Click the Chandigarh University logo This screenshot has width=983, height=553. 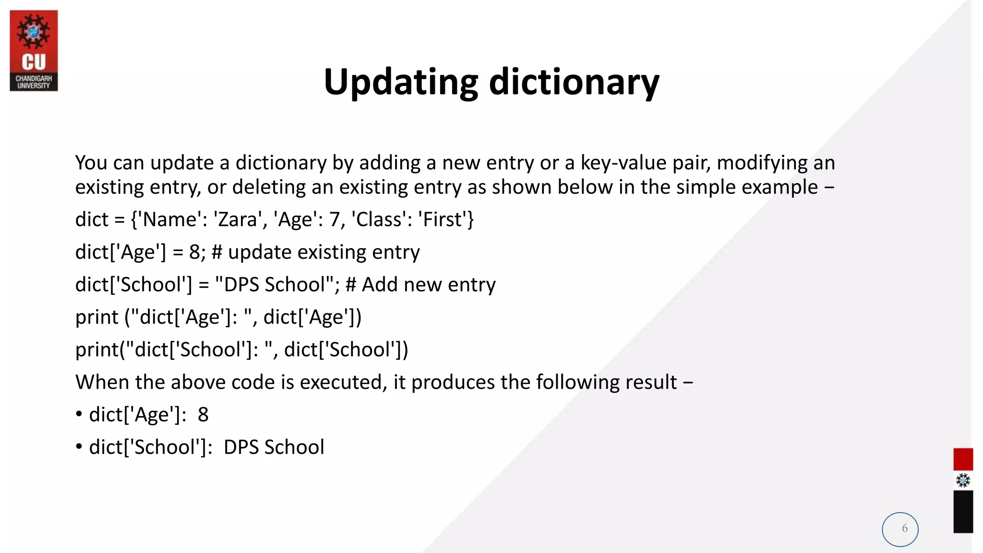(x=34, y=50)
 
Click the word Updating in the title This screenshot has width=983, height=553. (x=401, y=83)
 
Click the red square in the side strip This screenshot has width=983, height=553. (x=963, y=459)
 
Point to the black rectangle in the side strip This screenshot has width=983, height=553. (x=963, y=512)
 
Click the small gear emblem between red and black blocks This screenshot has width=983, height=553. (x=963, y=481)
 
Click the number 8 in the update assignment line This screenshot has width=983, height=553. (x=194, y=252)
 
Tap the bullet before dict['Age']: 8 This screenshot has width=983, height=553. (x=79, y=415)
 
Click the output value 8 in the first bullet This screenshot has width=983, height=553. (x=203, y=415)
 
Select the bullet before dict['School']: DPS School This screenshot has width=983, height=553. (x=79, y=447)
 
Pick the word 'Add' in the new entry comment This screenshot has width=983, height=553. (x=380, y=285)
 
